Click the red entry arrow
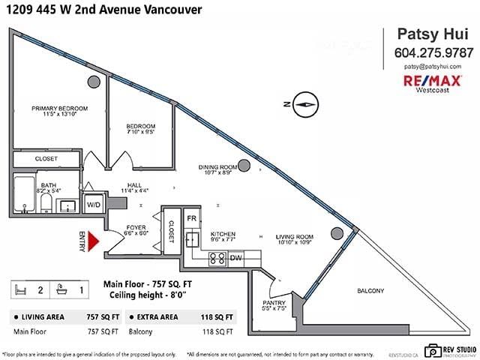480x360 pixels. (x=94, y=241)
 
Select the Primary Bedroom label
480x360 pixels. (x=59, y=109)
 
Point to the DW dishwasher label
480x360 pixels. (x=237, y=257)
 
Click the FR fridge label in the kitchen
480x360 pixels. (x=191, y=219)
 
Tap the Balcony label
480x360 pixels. (x=370, y=291)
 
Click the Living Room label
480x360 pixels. (x=293, y=237)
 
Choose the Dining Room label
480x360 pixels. (x=217, y=166)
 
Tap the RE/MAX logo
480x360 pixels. (x=433, y=81)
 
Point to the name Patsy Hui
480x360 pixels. (x=433, y=34)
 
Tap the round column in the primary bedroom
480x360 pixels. (x=94, y=81)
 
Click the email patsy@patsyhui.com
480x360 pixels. (x=433, y=67)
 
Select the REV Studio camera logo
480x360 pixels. (x=432, y=349)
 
